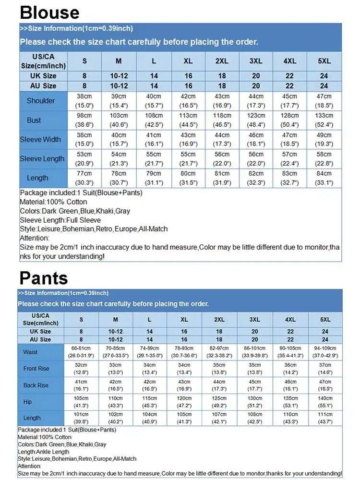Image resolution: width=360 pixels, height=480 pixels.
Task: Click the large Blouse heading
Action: (x=50, y=12)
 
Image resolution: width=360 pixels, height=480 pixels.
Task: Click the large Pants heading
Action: (x=44, y=278)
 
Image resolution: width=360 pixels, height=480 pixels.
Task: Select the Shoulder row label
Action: (x=41, y=101)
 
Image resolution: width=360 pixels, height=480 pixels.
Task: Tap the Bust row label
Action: (x=34, y=120)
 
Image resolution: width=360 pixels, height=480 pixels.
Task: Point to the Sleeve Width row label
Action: (x=40, y=140)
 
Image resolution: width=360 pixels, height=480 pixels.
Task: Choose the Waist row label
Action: (x=30, y=352)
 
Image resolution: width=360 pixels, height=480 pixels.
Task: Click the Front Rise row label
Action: (x=36, y=369)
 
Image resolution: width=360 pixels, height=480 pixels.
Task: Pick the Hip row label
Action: (x=28, y=401)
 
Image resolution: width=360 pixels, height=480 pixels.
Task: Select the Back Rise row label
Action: (x=36, y=385)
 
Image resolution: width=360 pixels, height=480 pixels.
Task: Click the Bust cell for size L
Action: (x=154, y=120)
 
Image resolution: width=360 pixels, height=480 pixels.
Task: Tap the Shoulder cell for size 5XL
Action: (x=324, y=101)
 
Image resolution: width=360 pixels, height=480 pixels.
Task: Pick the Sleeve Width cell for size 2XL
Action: (x=222, y=140)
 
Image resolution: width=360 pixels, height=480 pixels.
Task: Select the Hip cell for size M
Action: (x=116, y=401)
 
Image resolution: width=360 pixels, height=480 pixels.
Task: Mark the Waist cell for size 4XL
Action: (x=290, y=351)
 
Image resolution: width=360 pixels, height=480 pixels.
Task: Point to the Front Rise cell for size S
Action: (x=81, y=369)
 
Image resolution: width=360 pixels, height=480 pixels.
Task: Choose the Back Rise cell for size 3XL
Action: (x=255, y=385)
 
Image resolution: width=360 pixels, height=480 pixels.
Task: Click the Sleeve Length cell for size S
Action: (x=84, y=159)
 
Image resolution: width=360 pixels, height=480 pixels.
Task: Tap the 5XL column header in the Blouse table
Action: (x=324, y=61)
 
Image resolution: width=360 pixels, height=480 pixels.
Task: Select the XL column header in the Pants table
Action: (x=184, y=320)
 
